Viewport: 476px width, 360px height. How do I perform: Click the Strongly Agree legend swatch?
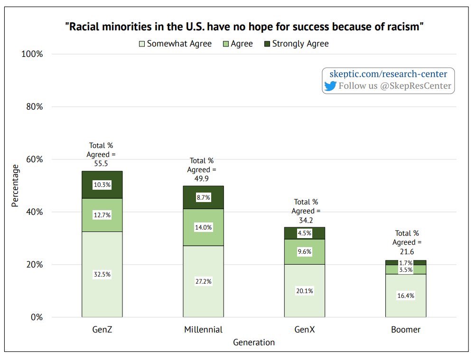[x=266, y=44]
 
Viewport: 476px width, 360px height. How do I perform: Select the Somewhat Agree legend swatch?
[x=141, y=44]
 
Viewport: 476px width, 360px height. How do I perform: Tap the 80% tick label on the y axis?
[x=33, y=107]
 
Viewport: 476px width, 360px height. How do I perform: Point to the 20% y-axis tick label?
[x=33, y=265]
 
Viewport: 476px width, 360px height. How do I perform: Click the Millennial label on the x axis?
[x=203, y=330]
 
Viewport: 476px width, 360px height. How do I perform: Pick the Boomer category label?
[x=406, y=330]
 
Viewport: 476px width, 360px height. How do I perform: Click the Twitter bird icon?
[x=330, y=86]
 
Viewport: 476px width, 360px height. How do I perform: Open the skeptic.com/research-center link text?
[x=388, y=74]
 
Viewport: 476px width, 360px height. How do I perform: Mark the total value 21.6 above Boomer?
[x=406, y=251]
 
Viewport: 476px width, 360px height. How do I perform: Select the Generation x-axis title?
[x=254, y=342]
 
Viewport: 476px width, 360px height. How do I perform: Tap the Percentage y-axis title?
[x=15, y=185]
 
